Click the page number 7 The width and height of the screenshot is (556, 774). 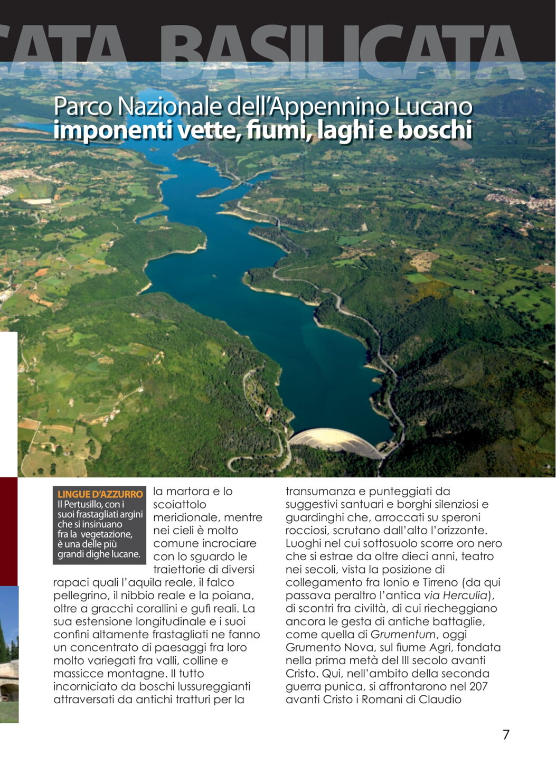506,734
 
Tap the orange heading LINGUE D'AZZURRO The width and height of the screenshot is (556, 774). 100,494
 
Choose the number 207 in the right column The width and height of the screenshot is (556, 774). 477,686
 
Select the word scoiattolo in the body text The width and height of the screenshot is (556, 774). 180,504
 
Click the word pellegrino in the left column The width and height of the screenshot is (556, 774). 80,596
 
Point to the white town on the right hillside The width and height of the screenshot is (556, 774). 520,201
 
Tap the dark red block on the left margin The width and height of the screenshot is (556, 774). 8,531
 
